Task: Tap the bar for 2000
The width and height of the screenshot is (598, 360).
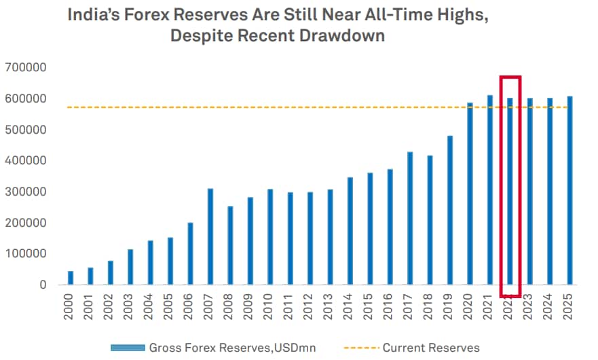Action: pyautogui.click(x=71, y=278)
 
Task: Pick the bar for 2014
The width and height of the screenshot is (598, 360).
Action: pyautogui.click(x=350, y=231)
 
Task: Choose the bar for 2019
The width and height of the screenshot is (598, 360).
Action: pyautogui.click(x=450, y=210)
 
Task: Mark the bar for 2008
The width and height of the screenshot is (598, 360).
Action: pyautogui.click(x=231, y=245)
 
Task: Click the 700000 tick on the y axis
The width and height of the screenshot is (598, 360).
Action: pyautogui.click(x=24, y=68)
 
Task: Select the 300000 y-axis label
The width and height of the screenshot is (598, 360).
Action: pyautogui.click(x=24, y=192)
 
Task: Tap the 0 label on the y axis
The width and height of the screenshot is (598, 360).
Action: pyautogui.click(x=42, y=285)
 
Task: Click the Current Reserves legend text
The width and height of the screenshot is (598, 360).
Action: pyautogui.click(x=431, y=348)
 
